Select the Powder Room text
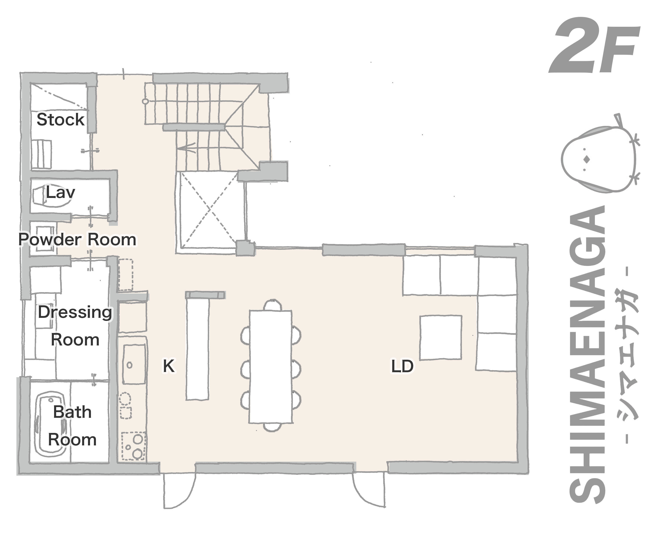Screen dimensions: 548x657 77,240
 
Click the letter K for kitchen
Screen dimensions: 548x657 169,366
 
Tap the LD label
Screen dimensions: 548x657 402,366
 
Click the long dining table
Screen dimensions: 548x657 271,366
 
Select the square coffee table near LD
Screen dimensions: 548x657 440,337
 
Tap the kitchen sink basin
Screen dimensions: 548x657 134,364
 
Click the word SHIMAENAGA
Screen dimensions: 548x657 587,354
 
